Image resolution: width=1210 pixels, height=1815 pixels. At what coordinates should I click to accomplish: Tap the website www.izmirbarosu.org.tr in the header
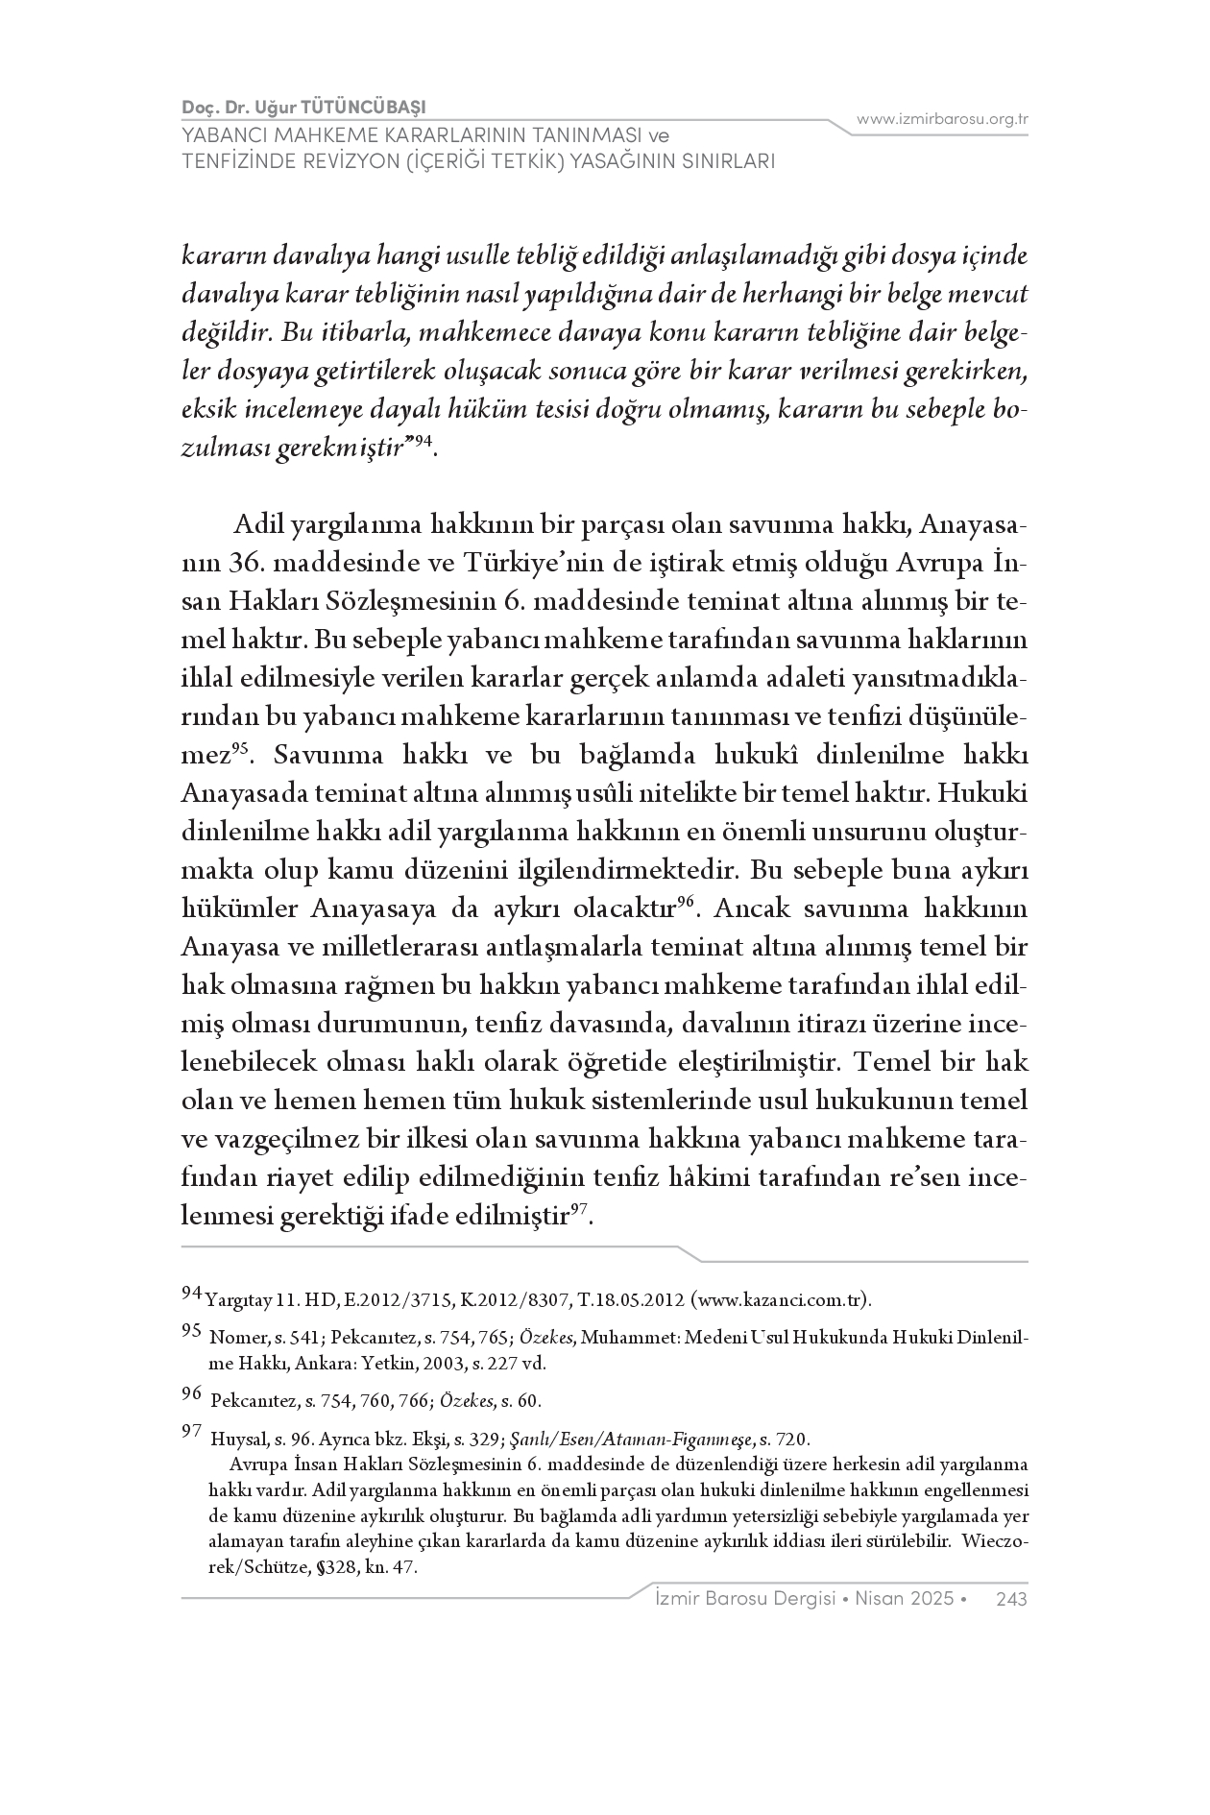click(x=942, y=119)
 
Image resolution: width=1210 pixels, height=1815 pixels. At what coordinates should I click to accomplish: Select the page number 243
click(x=1012, y=1599)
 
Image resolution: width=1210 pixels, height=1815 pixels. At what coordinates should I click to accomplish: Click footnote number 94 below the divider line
click(x=191, y=1294)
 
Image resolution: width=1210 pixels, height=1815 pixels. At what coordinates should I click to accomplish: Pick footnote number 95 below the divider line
click(x=191, y=1330)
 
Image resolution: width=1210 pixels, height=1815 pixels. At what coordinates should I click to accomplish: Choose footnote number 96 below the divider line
click(x=191, y=1393)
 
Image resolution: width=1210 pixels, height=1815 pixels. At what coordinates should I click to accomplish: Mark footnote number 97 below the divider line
click(x=191, y=1433)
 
